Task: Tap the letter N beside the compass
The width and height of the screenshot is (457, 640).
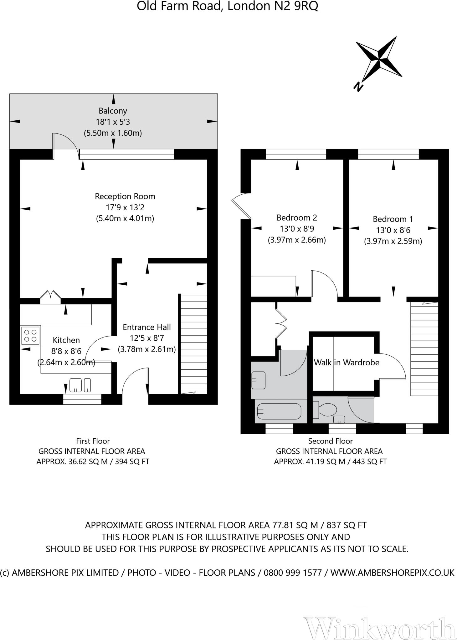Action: coord(358,86)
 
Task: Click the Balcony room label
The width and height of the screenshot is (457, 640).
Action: coord(113,111)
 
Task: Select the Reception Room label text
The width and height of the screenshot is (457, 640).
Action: coord(125,197)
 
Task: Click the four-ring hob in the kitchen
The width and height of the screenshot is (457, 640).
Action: coord(30,335)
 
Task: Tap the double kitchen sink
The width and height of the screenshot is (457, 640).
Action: coord(80,385)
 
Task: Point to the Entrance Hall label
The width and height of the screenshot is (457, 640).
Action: coord(146,327)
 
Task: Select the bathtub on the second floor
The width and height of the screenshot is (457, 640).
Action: coord(279,411)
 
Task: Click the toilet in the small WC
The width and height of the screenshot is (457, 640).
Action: coord(326,410)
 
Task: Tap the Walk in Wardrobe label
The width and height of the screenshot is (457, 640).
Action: coord(347,362)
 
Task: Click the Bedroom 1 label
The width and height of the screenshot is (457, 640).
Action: coord(393,219)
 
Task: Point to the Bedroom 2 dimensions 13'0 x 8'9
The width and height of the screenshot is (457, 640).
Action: coord(297,229)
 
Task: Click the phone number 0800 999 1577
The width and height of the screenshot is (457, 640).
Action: coord(293,573)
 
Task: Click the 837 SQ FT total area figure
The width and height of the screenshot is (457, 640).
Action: coord(346,525)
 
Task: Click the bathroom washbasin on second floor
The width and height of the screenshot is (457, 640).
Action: coord(259,380)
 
